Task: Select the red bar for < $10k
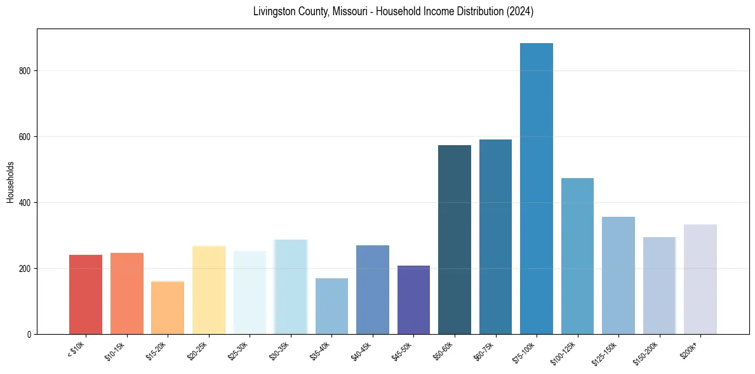(x=86, y=294)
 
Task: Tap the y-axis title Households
(x=10, y=181)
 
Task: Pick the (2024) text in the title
(x=519, y=11)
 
